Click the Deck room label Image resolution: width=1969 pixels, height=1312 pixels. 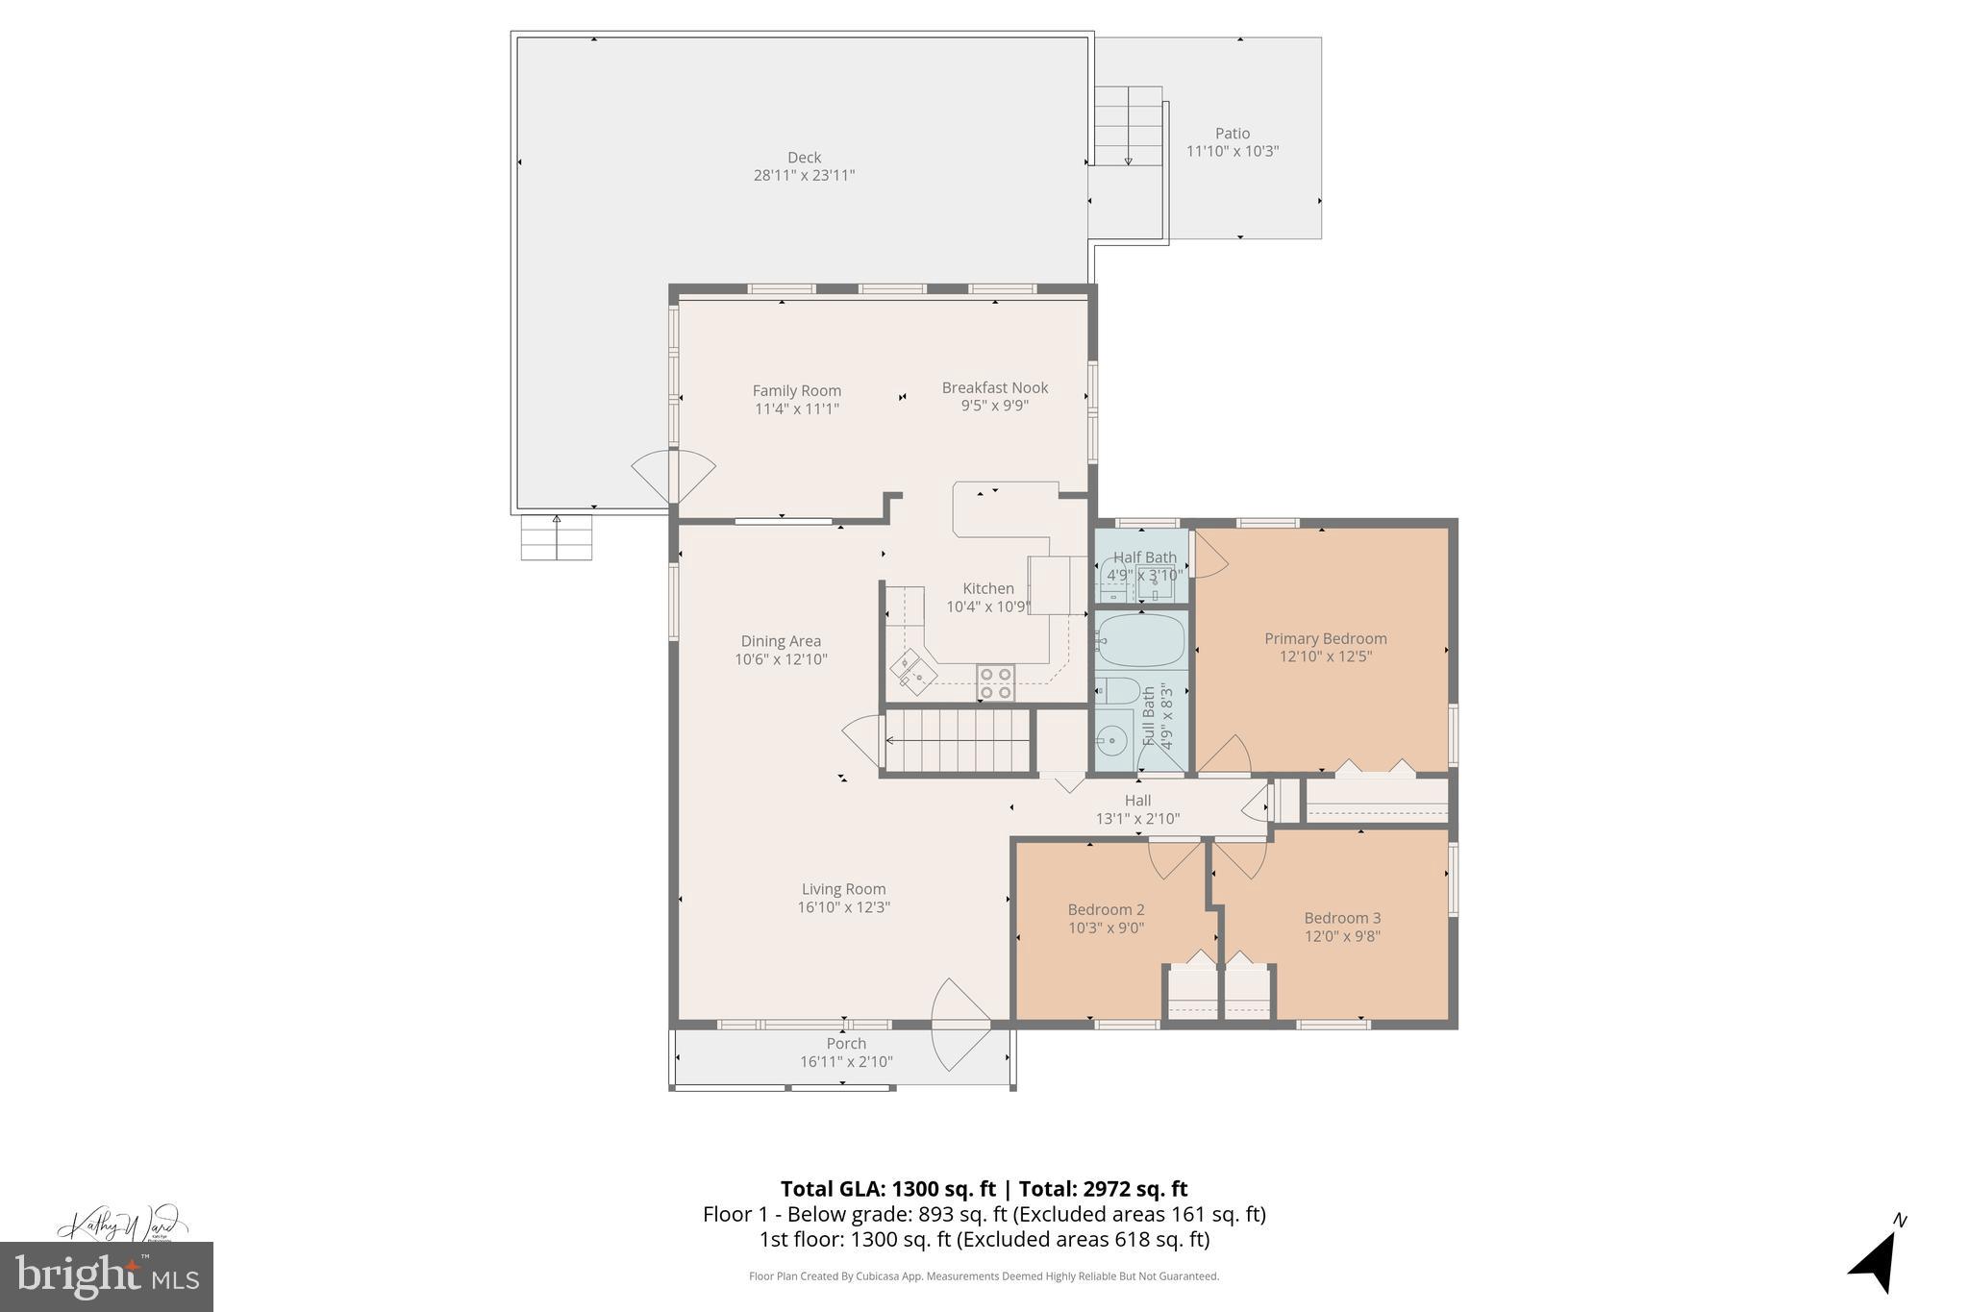click(804, 158)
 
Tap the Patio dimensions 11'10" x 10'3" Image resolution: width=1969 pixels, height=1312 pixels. click(1232, 152)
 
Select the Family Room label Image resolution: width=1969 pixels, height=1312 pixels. click(796, 390)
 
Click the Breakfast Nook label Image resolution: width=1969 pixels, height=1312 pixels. click(994, 387)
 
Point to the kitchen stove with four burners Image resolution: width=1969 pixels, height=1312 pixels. click(995, 682)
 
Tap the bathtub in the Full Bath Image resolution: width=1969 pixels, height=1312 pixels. click(1140, 639)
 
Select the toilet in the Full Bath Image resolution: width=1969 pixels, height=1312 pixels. click(1118, 691)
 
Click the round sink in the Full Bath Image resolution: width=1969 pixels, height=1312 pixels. click(1113, 740)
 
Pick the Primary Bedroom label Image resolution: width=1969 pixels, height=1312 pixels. click(1325, 638)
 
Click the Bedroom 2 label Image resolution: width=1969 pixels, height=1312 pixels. click(1106, 909)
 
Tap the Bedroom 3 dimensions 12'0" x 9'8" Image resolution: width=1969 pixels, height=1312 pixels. click(1341, 936)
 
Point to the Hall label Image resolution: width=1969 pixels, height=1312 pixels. click(1137, 800)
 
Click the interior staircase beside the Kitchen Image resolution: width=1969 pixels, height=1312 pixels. click(957, 740)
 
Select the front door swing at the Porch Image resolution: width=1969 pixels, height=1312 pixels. click(959, 1025)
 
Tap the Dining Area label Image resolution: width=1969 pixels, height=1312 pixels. click(781, 641)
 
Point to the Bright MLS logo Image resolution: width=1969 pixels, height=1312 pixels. click(107, 1276)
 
